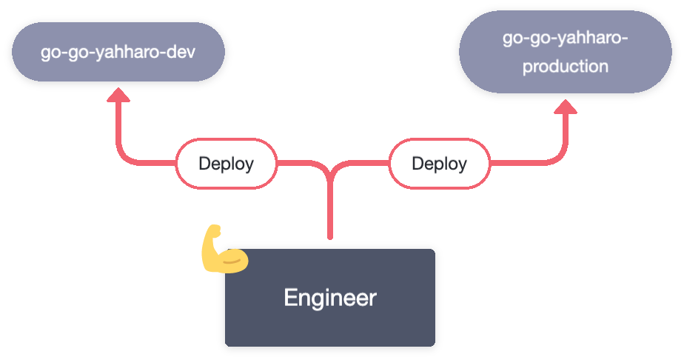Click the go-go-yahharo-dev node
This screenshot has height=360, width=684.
(118, 53)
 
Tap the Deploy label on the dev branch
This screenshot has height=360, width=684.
(226, 163)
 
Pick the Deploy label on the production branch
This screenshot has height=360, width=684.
(439, 163)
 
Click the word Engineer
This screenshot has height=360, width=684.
(330, 298)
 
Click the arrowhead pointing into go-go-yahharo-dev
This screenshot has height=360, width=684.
(118, 94)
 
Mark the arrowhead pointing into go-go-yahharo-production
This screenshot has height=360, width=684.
(566, 107)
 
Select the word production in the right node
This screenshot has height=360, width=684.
(566, 67)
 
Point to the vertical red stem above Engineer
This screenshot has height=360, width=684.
(330, 215)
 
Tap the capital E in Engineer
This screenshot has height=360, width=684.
(290, 298)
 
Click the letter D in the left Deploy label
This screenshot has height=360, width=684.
(204, 163)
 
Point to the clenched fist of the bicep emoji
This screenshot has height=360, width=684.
(212, 233)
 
